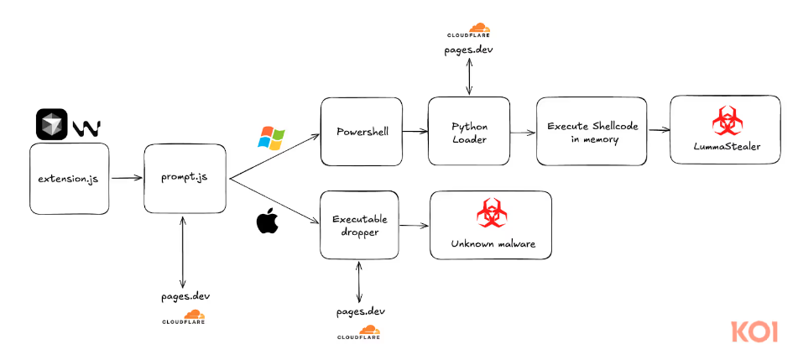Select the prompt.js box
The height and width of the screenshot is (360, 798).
point(186,178)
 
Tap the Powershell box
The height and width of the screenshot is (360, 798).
point(362,132)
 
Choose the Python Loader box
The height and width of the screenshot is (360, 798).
point(469,131)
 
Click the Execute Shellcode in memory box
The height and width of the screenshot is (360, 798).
point(592,132)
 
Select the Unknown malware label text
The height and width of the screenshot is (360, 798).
point(491,244)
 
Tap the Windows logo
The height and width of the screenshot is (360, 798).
point(272,138)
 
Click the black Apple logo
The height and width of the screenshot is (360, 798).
point(267,223)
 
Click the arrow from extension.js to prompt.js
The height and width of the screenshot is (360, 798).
point(127,178)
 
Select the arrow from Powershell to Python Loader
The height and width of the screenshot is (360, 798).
point(415,132)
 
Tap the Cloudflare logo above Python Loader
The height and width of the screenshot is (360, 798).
point(468,32)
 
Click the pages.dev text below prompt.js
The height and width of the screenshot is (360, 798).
point(185,296)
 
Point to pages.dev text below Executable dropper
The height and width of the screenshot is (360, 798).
point(359,310)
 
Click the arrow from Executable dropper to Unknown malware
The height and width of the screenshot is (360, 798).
point(414,225)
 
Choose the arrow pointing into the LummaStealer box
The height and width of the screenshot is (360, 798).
point(659,131)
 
